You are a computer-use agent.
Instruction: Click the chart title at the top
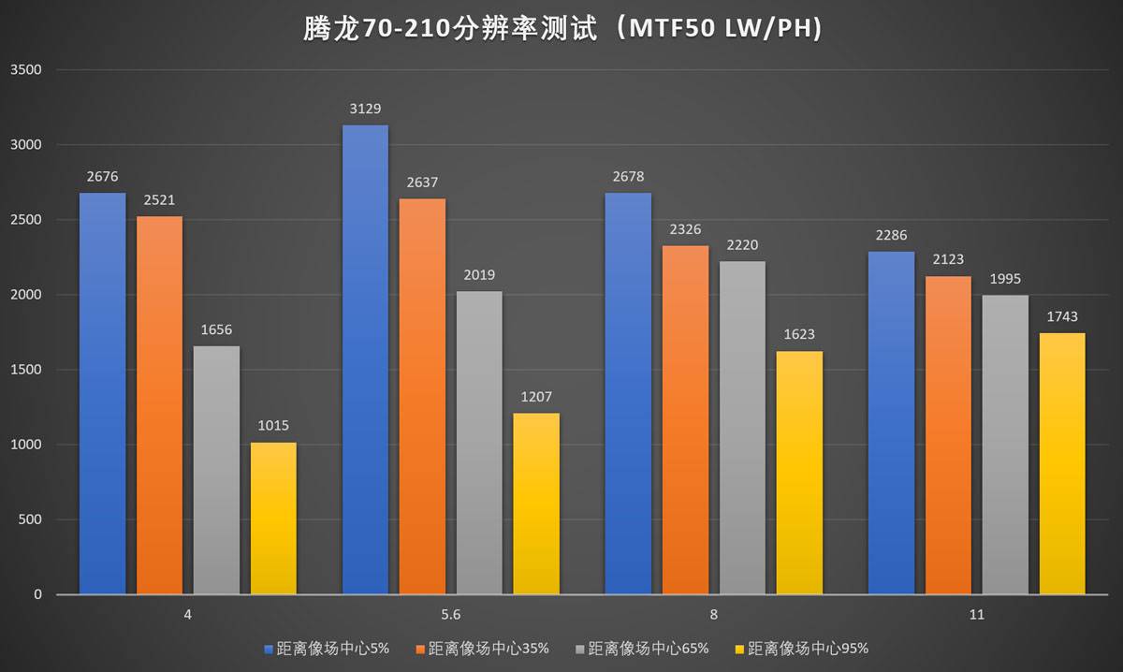562,31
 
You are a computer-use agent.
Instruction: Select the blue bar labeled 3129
365,359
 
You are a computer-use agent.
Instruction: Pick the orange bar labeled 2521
159,404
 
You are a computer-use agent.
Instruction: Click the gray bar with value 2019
479,442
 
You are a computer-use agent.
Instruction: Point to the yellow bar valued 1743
1062,463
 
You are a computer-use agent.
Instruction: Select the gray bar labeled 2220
742,427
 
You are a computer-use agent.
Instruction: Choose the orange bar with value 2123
948,434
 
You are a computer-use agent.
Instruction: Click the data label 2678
628,177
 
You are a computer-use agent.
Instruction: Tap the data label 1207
536,397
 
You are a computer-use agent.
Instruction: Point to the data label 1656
216,329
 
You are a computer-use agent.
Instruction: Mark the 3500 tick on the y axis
25,70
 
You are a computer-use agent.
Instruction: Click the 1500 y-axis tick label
25,370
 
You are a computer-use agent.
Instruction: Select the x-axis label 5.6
450,615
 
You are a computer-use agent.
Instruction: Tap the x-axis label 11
977,615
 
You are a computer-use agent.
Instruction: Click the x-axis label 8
714,615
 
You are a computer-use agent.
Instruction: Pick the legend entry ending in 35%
483,648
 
